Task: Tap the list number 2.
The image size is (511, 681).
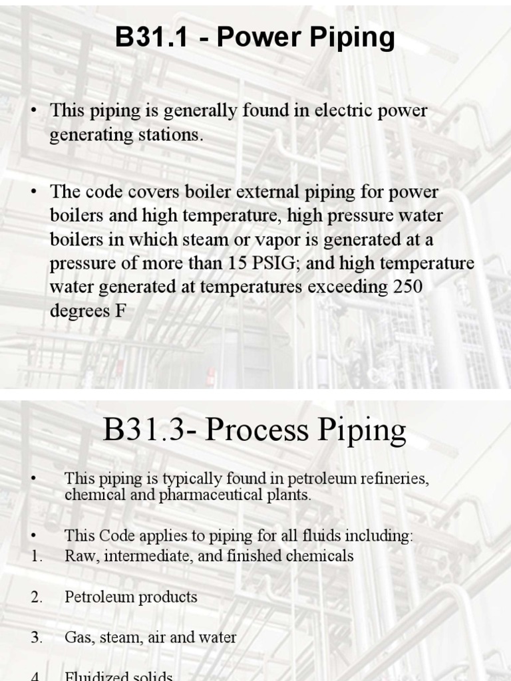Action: [37, 597]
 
